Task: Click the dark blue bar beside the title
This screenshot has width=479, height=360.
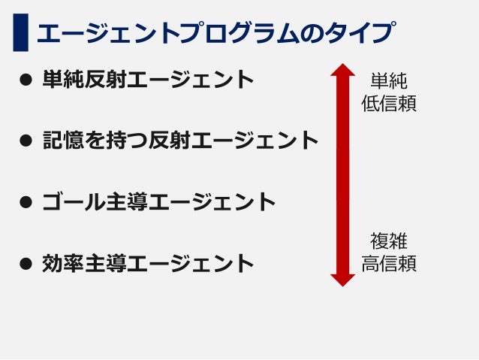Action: coord(20,32)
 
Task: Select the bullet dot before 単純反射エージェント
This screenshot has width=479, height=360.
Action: coord(26,79)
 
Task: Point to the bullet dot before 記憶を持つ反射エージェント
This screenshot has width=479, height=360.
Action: coord(26,140)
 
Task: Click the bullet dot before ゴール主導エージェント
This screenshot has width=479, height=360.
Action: coord(26,201)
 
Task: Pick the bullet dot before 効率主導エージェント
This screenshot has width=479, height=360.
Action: coord(26,263)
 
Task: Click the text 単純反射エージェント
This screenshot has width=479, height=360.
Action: coord(148,79)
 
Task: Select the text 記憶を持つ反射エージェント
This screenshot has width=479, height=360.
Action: coord(180,140)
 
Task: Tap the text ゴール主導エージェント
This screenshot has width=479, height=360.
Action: coord(158,201)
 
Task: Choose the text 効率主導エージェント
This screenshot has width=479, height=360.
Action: coord(148,263)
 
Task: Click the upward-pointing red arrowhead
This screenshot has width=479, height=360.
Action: coord(343,72)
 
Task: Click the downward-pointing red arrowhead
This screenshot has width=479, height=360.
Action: coord(343,278)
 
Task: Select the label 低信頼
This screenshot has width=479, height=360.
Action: coord(389,103)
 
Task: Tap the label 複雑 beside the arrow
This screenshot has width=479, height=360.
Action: coord(389,241)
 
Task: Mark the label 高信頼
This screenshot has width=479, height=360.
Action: coord(389,264)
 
